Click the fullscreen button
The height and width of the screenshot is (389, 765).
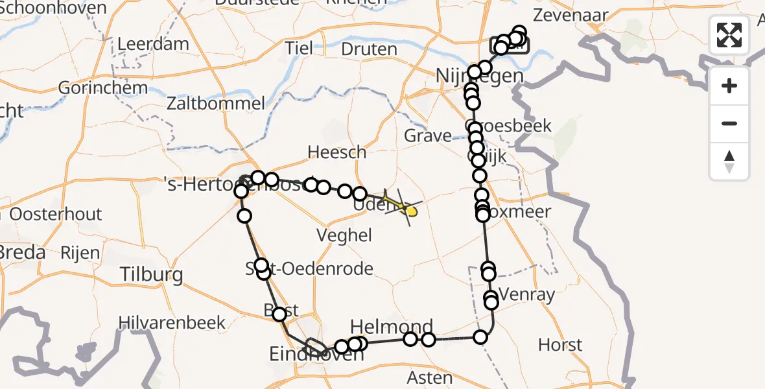click(x=729, y=34)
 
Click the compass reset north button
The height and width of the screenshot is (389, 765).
click(x=729, y=161)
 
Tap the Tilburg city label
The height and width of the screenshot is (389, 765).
click(x=152, y=275)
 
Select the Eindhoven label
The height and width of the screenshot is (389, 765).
click(x=298, y=355)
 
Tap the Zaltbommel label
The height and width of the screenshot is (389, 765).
click(x=216, y=103)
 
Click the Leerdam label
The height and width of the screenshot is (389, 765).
click(x=154, y=45)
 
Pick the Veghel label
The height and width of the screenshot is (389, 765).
click(x=344, y=235)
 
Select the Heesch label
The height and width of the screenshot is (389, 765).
click(x=337, y=152)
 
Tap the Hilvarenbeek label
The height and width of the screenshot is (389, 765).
click(x=172, y=322)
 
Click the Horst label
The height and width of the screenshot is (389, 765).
click(x=560, y=345)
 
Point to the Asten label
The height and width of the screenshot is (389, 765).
click(x=429, y=377)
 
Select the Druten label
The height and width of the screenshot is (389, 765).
click(x=369, y=49)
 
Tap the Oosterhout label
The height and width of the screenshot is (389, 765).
click(x=56, y=215)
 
